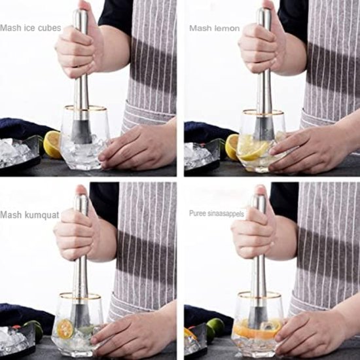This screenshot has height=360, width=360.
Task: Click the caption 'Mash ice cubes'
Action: tap(30, 28)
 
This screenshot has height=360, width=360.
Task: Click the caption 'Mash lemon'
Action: tap(214, 28)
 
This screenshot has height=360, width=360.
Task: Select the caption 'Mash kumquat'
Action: tap(29, 214)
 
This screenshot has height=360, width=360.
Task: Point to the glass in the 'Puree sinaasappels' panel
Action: tap(257, 324)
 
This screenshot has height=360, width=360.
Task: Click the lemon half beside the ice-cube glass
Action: tap(52, 144)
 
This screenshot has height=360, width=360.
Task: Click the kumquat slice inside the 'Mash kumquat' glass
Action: tap(65, 329)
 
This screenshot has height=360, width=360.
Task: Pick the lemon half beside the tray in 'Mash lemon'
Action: tap(232, 147)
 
